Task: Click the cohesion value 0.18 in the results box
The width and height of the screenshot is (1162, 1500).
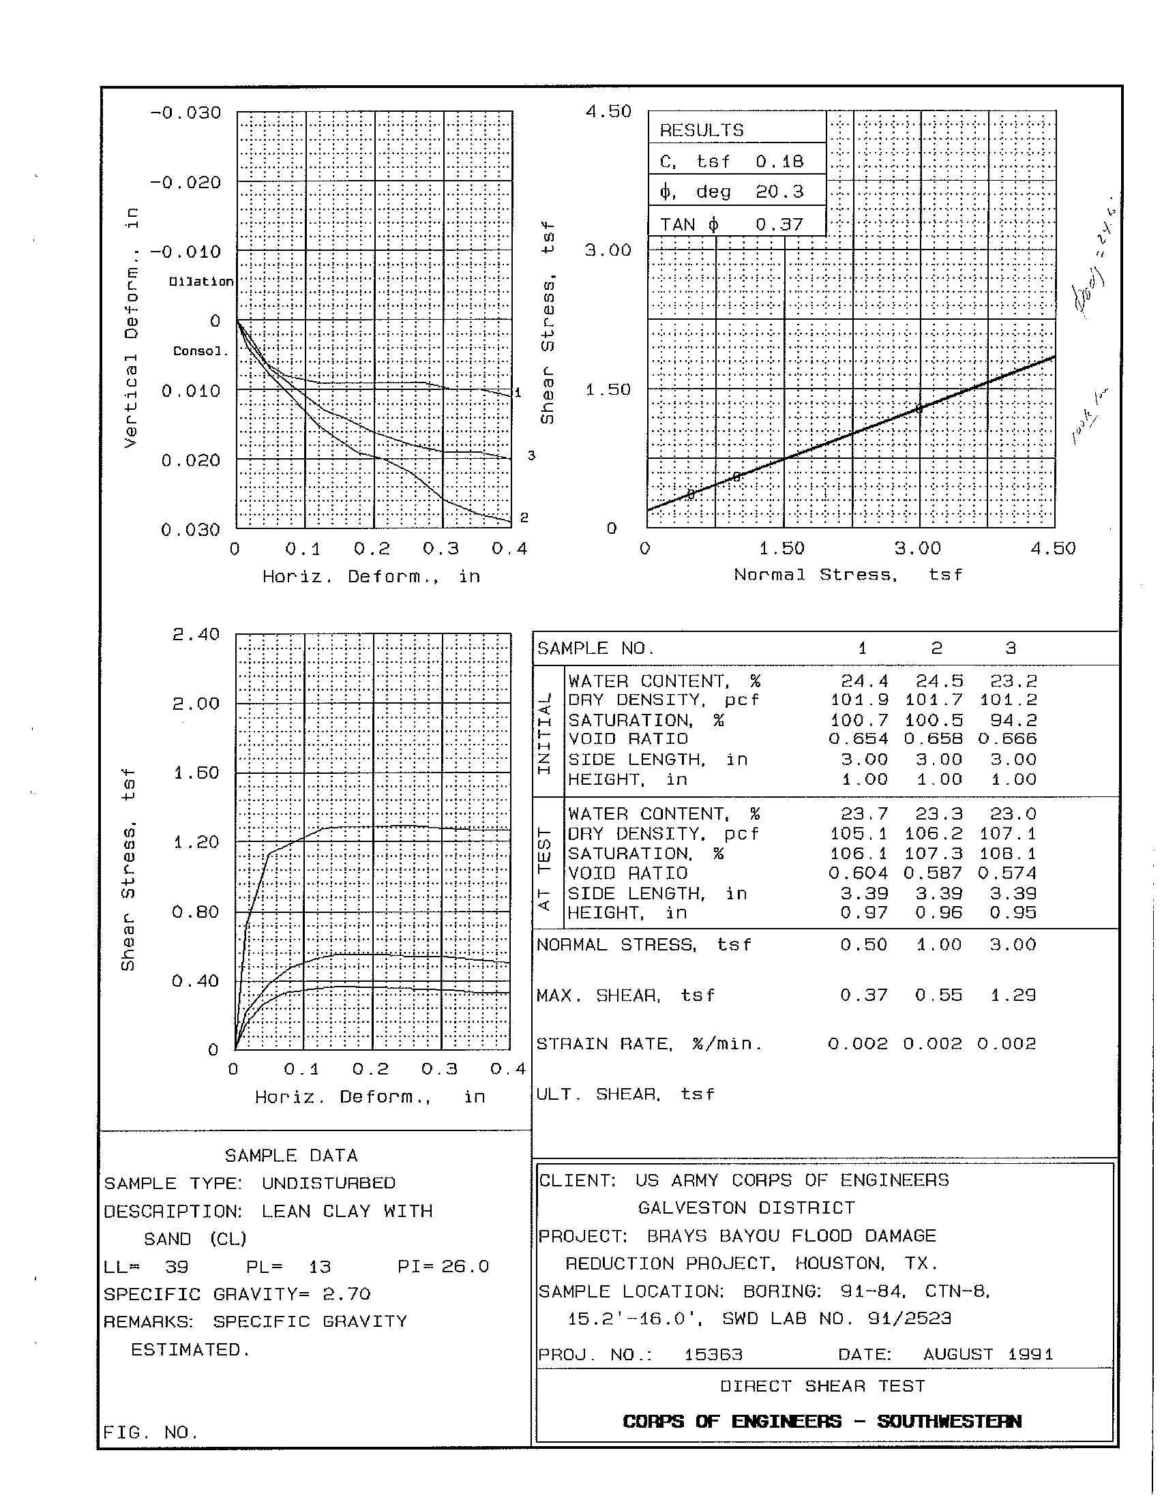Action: coord(779,162)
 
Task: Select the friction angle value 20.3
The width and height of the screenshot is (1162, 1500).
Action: coord(779,192)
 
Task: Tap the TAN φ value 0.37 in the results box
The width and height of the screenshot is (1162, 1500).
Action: coord(779,224)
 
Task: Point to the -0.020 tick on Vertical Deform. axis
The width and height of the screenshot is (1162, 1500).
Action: coord(186,183)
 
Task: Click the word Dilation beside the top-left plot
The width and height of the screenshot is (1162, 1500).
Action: coord(201,282)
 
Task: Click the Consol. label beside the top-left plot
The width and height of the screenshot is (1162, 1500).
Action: coord(199,351)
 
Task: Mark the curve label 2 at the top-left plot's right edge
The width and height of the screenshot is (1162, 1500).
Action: coord(524,517)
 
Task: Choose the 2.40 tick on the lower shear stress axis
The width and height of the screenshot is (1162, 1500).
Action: coord(196,634)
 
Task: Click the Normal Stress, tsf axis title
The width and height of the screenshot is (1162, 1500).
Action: coord(848,575)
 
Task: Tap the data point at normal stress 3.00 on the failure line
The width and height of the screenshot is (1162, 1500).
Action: coord(919,408)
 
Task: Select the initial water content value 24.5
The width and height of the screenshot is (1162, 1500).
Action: coord(939,681)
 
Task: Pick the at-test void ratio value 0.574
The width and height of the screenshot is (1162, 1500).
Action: coord(1006,873)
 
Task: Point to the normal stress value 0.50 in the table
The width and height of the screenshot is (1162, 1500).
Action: coord(863,944)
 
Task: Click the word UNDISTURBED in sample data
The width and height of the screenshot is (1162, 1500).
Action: coord(328,1184)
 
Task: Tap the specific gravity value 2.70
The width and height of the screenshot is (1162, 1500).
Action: coord(346,1294)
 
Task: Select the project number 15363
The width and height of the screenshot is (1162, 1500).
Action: coord(713,1354)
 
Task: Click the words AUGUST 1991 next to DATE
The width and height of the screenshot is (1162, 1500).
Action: coord(987,1354)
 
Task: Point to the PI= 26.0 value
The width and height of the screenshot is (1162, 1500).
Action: coord(443,1267)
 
